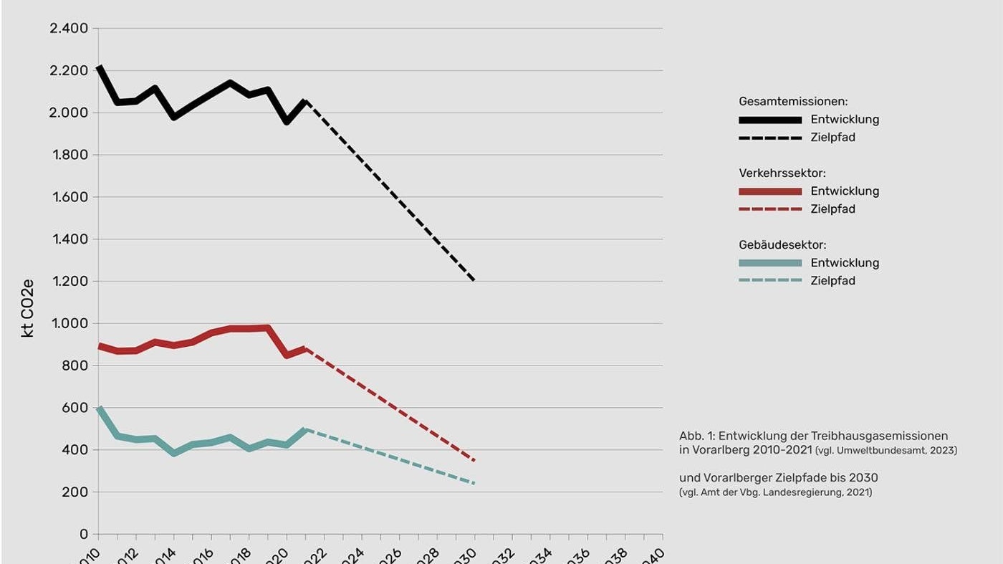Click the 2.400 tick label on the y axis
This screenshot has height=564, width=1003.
[69, 29]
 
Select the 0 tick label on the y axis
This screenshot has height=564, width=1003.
[84, 535]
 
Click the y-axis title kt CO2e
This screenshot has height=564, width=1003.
[28, 309]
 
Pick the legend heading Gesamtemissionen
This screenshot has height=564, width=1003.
[793, 102]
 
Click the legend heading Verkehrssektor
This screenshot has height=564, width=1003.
[783, 173]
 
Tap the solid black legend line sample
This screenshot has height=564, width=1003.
[770, 120]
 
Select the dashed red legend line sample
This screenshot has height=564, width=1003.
[770, 209]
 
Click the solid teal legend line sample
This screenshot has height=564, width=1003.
[770, 263]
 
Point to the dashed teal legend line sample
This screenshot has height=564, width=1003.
[770, 281]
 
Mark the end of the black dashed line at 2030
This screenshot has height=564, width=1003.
[474, 280]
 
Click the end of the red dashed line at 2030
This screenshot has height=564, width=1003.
[474, 460]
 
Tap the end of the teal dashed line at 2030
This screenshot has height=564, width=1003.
[474, 483]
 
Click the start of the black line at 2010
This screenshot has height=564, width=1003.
[99, 67]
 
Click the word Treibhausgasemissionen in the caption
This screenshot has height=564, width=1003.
[879, 436]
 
